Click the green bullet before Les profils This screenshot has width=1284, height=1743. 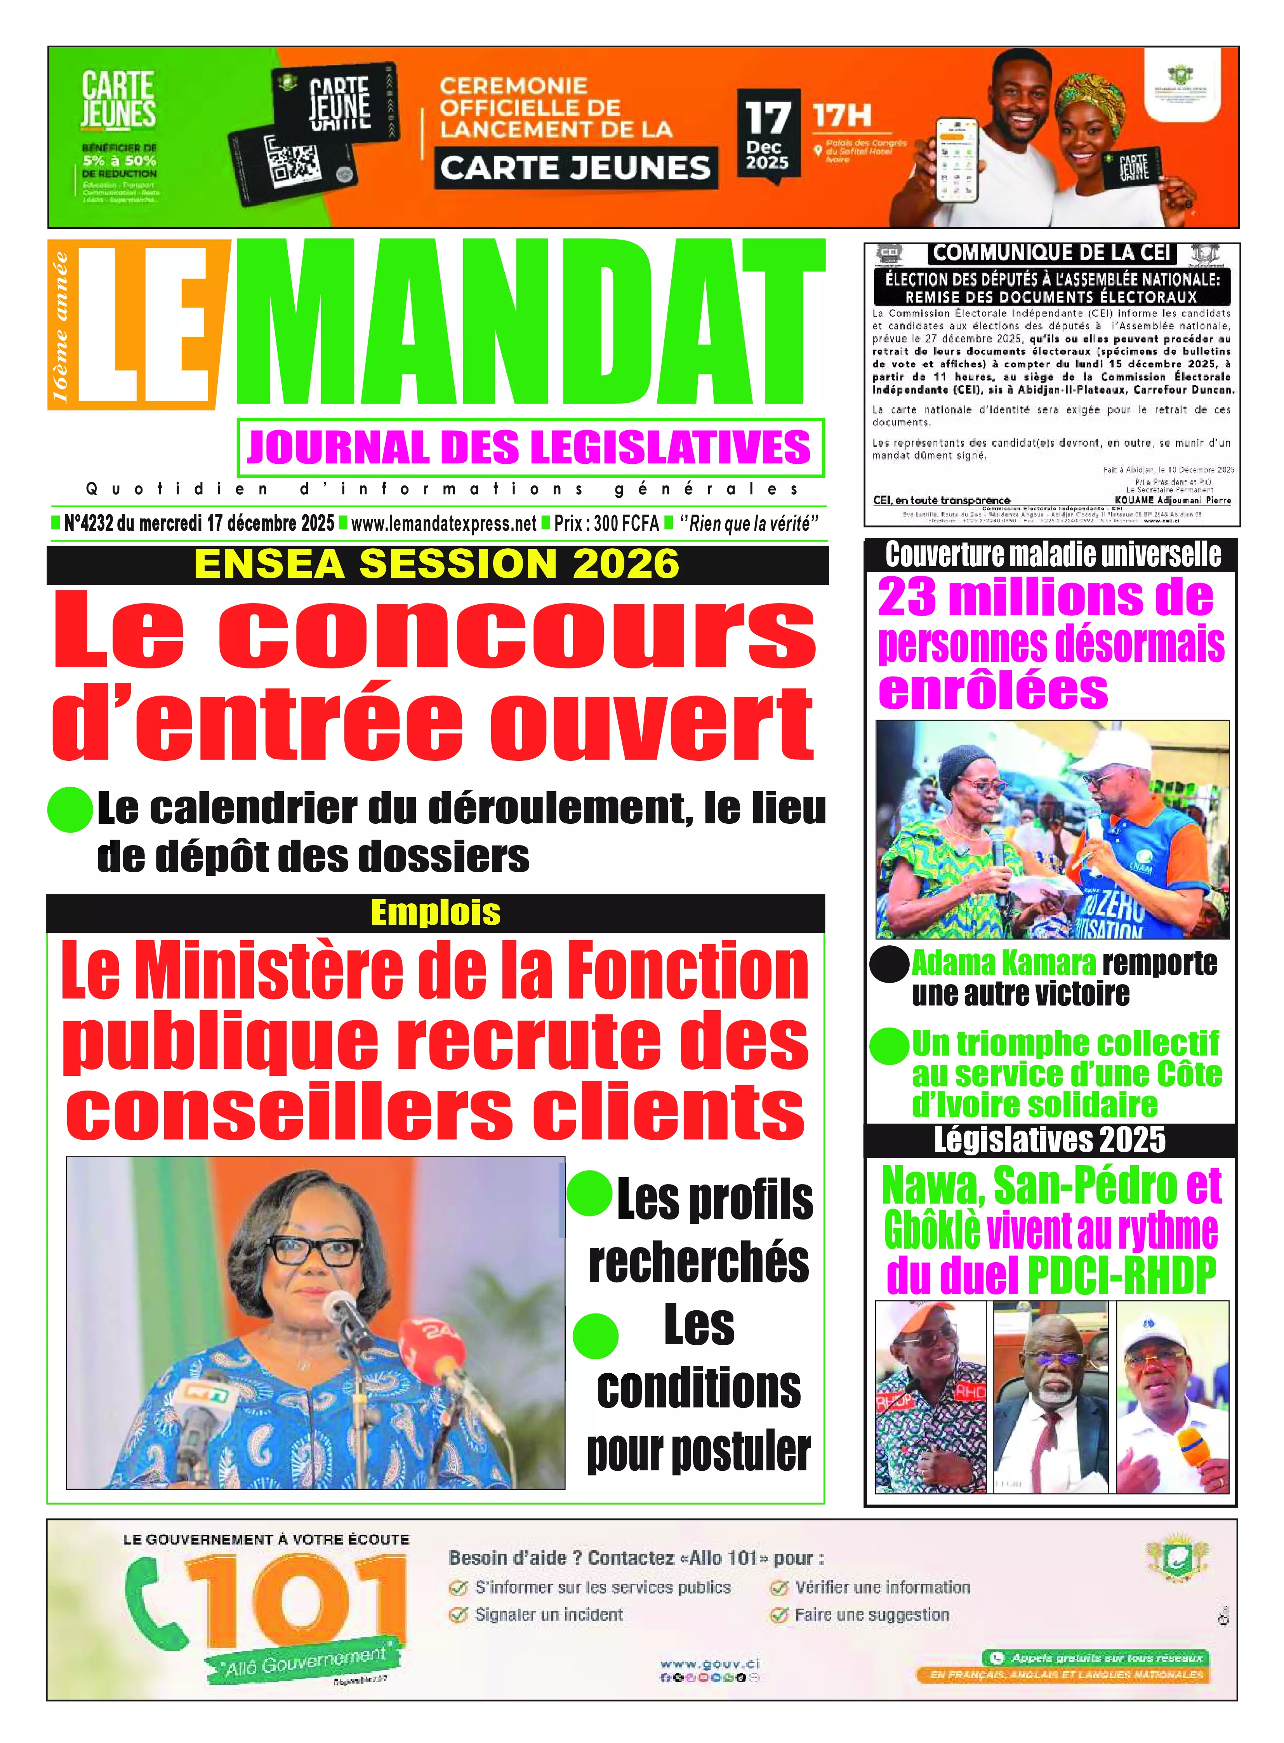[x=589, y=1195]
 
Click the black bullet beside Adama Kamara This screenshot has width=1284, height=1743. [x=888, y=965]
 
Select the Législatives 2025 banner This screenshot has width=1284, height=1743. [x=1050, y=1140]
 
